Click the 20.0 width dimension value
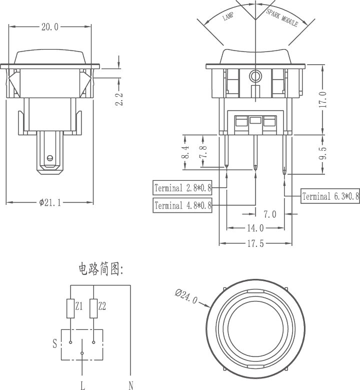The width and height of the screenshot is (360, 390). click(x=49, y=27)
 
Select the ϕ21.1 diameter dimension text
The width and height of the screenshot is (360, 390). click(x=49, y=202)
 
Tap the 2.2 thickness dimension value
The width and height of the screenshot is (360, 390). click(x=119, y=99)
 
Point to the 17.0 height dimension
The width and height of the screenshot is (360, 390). click(x=322, y=100)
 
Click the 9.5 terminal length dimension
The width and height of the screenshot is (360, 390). click(x=322, y=153)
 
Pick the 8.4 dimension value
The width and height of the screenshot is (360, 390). click(x=185, y=152)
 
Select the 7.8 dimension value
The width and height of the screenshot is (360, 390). click(x=203, y=152)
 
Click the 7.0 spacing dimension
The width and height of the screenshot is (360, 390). click(x=270, y=214)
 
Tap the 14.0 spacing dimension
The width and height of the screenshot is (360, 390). click(x=255, y=228)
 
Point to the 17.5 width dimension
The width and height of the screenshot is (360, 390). click(x=255, y=243)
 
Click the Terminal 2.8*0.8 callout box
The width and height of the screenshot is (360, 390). click(x=182, y=188)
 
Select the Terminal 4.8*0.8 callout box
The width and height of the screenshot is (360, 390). click(x=182, y=205)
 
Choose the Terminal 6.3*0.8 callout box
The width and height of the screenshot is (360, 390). click(x=330, y=196)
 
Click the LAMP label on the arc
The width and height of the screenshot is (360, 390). click(x=228, y=17)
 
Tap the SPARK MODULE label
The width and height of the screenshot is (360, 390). click(x=282, y=18)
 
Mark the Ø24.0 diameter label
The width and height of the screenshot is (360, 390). click(x=186, y=296)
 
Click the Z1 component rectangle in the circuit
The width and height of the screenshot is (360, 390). click(x=70, y=309)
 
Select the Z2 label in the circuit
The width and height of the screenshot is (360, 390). click(x=102, y=306)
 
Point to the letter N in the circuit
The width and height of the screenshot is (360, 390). click(x=131, y=385)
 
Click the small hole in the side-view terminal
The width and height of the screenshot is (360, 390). click(x=50, y=158)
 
